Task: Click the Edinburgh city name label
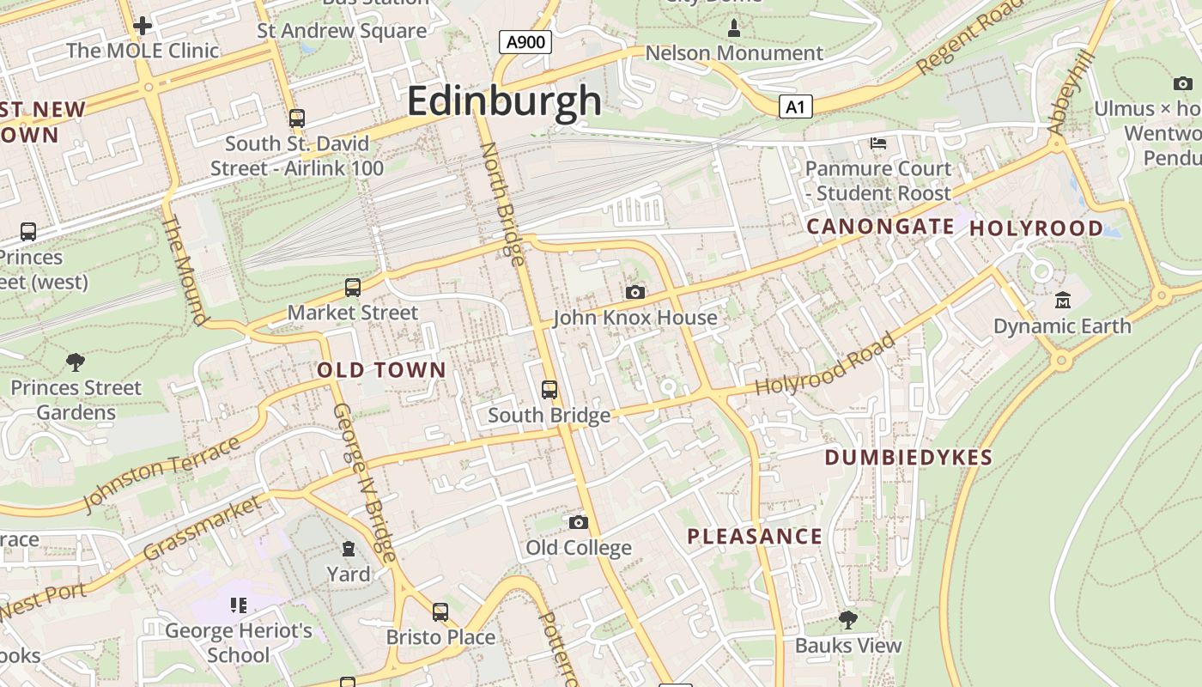tap(504, 101)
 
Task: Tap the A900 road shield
tap(525, 41)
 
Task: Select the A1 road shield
tap(796, 106)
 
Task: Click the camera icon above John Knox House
tap(634, 293)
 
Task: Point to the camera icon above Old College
tap(579, 522)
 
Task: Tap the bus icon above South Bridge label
tap(549, 390)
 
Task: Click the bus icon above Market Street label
tap(352, 288)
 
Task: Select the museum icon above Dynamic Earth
tap(1063, 301)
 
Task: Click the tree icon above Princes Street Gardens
tap(76, 362)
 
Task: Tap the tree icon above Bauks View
tap(848, 620)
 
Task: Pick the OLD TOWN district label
tap(382, 370)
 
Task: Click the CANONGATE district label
tap(880, 227)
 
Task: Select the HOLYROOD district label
tap(1036, 228)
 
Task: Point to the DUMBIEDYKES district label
tap(908, 458)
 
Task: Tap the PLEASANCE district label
tap(755, 538)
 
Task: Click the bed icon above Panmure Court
tap(878, 143)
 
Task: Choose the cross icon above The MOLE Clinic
tap(143, 26)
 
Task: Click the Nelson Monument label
tap(734, 53)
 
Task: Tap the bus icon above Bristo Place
tap(440, 612)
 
